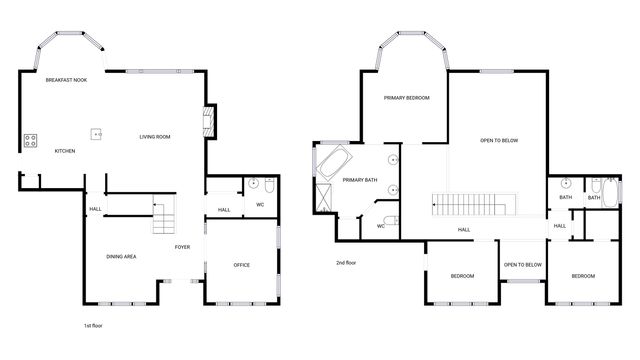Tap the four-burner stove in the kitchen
pyautogui.click(x=30, y=140)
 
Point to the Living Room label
pyautogui.click(x=155, y=136)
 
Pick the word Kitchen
pyautogui.click(x=65, y=151)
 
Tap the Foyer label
pyautogui.click(x=182, y=246)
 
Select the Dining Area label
pyautogui.click(x=122, y=257)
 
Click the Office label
pyautogui.click(x=241, y=264)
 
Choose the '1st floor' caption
pyautogui.click(x=94, y=326)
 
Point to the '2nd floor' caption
pyautogui.click(x=346, y=263)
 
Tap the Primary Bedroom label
pyautogui.click(x=408, y=98)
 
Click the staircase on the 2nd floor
pyautogui.click(x=474, y=203)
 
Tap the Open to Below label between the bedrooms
pyautogui.click(x=522, y=265)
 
